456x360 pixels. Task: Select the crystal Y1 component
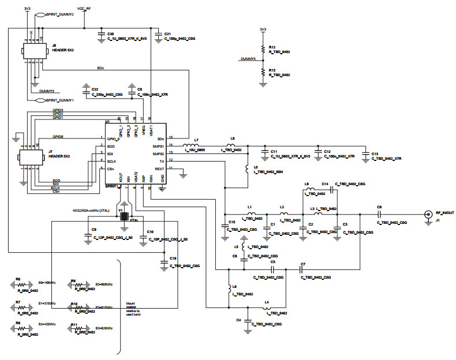(x=123, y=216)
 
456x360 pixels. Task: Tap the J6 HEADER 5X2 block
(x=33, y=51)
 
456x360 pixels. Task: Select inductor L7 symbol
(x=192, y=145)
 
